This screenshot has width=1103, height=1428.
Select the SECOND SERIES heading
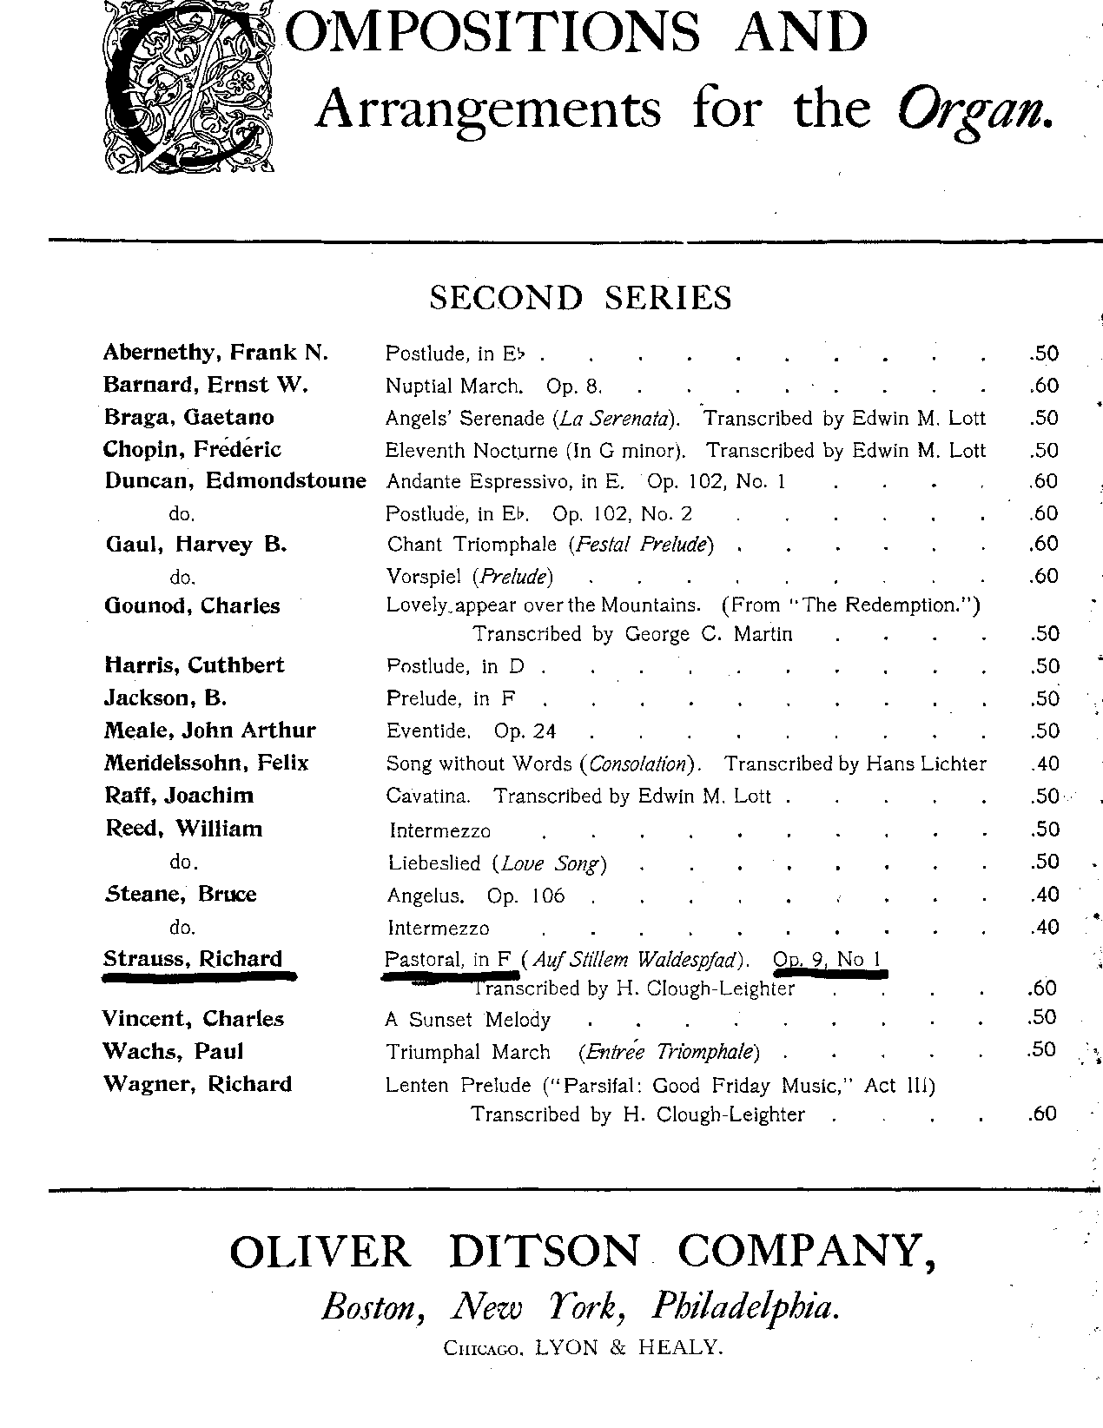[580, 298]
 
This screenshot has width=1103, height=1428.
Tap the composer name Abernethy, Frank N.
[215, 352]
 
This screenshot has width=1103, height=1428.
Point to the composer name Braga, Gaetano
[188, 417]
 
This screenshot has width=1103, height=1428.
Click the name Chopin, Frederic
[192, 449]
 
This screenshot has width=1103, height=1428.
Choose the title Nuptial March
[453, 386]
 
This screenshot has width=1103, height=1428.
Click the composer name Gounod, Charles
[192, 605]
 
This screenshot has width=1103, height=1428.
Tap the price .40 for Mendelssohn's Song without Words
[1044, 764]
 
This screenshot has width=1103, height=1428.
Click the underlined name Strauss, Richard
[193, 959]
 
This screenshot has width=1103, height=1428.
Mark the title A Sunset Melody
[468, 1020]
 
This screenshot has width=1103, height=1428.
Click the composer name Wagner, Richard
[197, 1084]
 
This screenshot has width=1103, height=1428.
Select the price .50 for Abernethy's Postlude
[1044, 354]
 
